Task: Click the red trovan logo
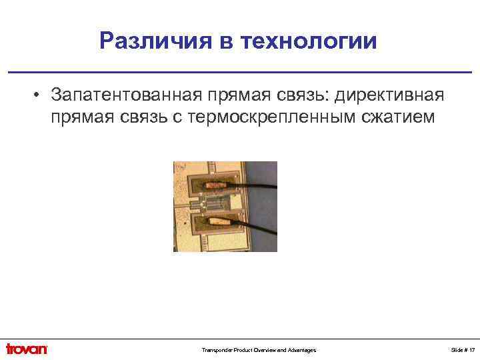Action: click(27, 349)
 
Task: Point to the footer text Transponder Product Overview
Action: click(229, 350)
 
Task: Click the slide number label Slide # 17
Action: click(463, 350)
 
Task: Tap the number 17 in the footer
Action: click(471, 350)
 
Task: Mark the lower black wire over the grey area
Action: click(257, 223)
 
